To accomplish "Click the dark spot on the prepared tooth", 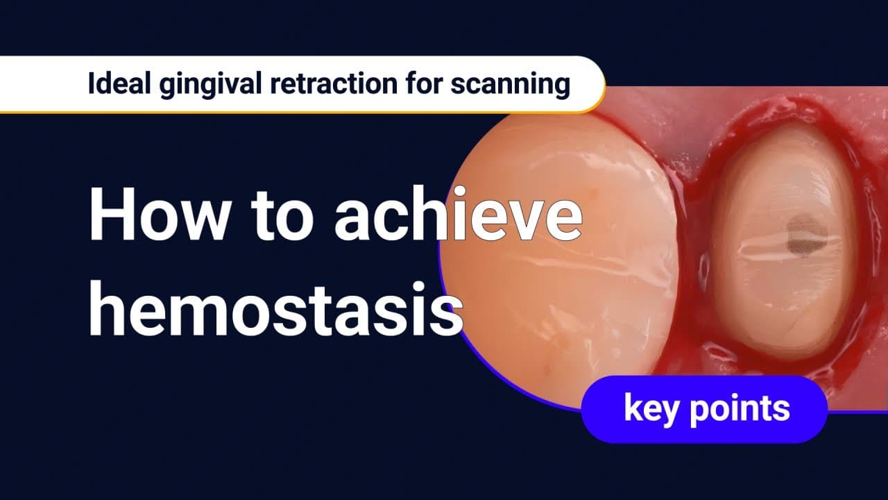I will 806,234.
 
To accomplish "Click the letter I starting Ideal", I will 91,84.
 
